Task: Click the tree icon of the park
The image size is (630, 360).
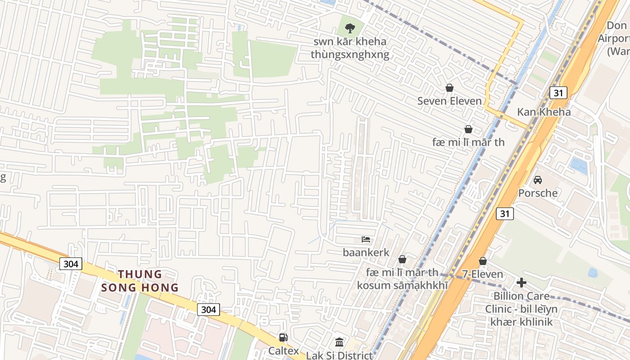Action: click(350, 28)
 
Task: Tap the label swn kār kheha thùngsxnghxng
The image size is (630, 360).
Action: click(350, 49)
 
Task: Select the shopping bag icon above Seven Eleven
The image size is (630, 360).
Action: click(449, 88)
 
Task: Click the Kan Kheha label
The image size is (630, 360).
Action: click(544, 112)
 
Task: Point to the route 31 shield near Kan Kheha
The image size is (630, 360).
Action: click(558, 93)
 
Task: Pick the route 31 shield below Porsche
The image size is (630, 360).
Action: click(505, 214)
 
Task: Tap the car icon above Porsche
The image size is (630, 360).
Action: click(537, 180)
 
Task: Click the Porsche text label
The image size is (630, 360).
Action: click(538, 193)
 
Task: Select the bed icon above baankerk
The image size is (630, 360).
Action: click(366, 239)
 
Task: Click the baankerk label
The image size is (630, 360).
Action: click(366, 252)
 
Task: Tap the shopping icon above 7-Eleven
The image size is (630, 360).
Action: click(483, 261)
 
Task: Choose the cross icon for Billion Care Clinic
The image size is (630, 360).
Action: click(522, 283)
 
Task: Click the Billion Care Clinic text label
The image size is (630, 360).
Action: click(521, 309)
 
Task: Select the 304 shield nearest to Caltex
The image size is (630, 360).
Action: click(208, 309)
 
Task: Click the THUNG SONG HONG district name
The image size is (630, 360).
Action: click(140, 281)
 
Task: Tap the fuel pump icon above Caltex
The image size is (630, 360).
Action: click(283, 337)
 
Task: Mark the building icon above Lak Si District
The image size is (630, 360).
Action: click(339, 342)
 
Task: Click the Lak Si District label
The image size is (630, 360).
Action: click(339, 355)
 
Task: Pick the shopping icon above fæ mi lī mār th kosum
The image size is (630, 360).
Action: click(402, 260)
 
